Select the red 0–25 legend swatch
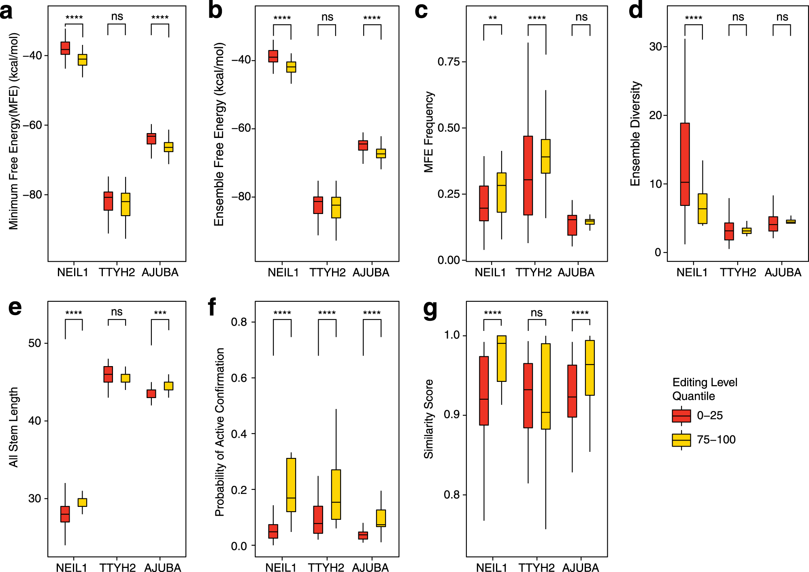click(x=681, y=416)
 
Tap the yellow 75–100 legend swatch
click(x=681, y=440)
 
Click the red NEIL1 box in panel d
click(x=685, y=164)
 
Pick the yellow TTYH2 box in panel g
click(x=545, y=386)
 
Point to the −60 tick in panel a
click(x=32, y=125)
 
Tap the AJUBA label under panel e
click(x=162, y=568)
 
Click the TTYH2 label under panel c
click(x=533, y=273)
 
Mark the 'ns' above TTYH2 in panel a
click(x=117, y=17)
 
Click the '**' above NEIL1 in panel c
click(x=492, y=18)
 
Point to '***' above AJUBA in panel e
click(x=160, y=313)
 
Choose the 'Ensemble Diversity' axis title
click(x=635, y=133)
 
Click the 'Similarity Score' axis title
click(x=428, y=419)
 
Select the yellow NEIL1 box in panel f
click(x=291, y=485)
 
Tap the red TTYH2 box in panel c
click(x=528, y=175)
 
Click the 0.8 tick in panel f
click(x=239, y=322)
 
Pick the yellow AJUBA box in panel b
click(x=381, y=153)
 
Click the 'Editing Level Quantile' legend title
click(x=705, y=389)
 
